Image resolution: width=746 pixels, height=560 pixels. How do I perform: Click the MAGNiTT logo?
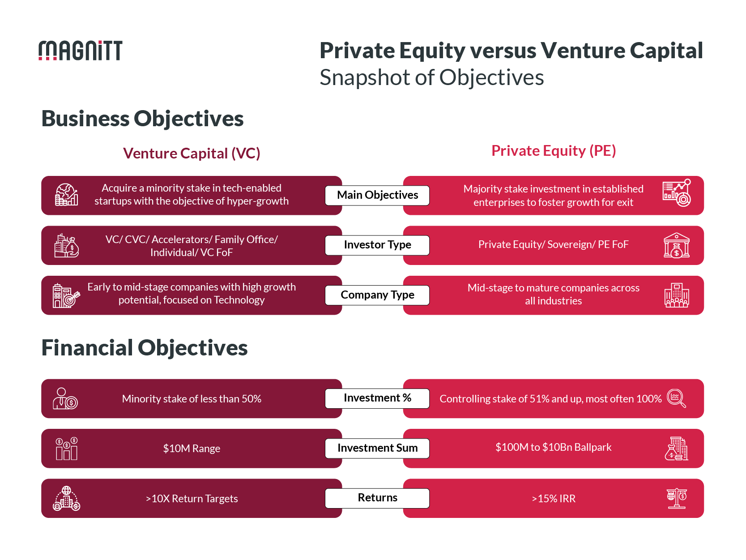tap(80, 50)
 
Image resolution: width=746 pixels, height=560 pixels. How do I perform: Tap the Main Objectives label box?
tap(377, 195)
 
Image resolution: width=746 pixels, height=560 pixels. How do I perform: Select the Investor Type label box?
tap(377, 245)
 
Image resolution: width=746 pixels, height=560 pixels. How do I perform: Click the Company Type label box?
tap(377, 295)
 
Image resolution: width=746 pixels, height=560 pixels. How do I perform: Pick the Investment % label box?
tap(377, 398)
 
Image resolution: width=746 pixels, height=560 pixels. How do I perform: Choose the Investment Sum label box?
tap(377, 448)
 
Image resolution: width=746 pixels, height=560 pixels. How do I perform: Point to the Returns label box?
tap(377, 498)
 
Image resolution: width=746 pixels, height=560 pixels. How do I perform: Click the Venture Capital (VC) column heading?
tap(192, 154)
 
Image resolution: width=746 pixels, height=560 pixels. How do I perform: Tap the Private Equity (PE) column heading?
tap(554, 151)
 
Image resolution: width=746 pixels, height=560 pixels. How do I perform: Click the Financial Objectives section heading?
tap(144, 348)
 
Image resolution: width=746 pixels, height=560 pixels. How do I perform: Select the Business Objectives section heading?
tap(142, 119)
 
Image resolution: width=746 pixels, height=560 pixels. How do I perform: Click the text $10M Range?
tap(192, 449)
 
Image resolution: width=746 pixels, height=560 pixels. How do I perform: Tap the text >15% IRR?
tap(554, 499)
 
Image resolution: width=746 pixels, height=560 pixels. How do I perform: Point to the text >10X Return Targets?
tap(192, 499)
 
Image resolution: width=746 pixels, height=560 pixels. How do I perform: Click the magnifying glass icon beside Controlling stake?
tap(676, 398)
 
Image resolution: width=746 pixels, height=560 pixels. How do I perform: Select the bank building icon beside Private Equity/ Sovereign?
tap(676, 245)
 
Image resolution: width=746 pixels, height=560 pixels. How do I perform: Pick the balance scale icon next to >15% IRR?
tap(677, 498)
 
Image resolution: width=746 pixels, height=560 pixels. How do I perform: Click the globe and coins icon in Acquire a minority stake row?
tap(66, 195)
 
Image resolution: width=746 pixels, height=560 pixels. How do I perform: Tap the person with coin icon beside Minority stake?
tap(65, 398)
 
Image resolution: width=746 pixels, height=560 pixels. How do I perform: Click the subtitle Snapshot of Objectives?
tap(431, 77)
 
